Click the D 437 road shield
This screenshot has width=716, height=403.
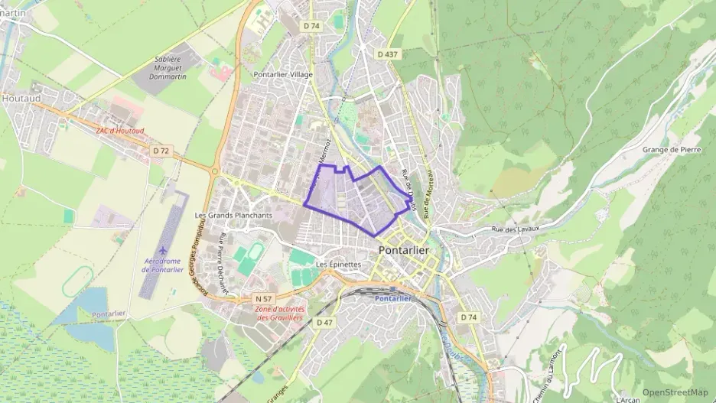[389, 54]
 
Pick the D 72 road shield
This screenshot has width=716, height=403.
[160, 151]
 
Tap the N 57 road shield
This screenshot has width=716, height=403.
[264, 297]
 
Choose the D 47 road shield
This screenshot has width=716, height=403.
[324, 323]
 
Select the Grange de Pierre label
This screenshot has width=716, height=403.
[668, 150]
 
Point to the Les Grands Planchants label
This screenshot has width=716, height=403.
[234, 215]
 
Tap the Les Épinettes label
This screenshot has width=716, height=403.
[338, 265]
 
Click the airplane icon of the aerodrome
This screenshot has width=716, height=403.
[164, 250]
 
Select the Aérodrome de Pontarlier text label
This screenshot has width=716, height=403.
[164, 265]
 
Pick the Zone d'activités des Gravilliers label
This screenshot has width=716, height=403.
[279, 313]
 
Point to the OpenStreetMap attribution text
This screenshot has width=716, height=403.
[675, 392]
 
